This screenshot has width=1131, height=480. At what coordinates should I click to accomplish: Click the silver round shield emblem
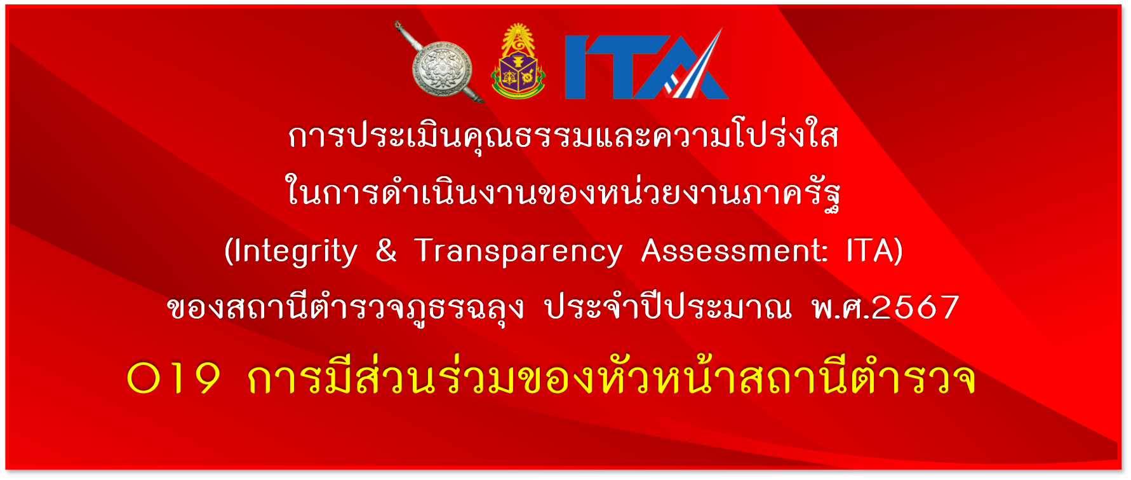442,69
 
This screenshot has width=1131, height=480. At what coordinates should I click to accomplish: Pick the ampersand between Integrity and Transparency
386,250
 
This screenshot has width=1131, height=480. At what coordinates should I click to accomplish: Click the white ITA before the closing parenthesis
869,250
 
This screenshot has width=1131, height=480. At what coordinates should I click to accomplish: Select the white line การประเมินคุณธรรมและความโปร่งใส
563,136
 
